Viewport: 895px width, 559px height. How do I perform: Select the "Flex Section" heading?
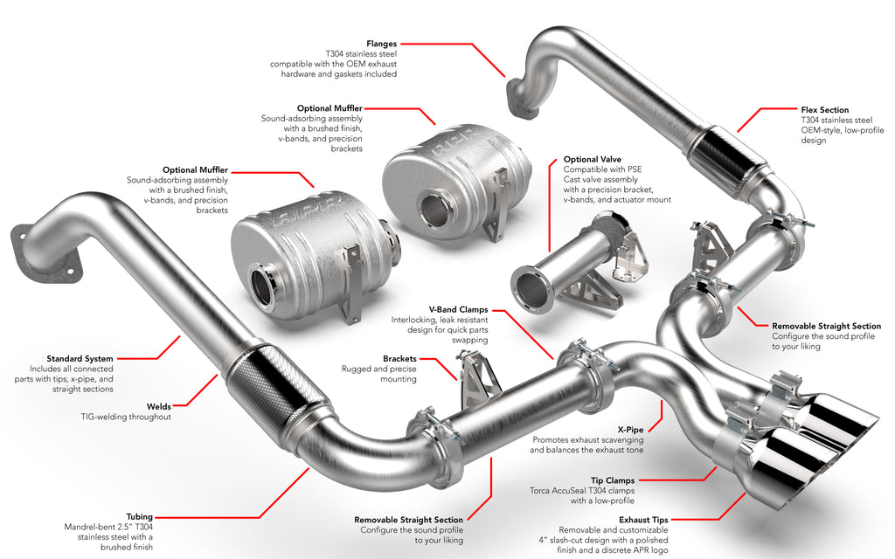pos(824,110)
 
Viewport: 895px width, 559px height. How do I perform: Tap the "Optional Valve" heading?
pos(593,159)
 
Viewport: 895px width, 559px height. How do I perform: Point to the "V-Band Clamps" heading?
pos(458,309)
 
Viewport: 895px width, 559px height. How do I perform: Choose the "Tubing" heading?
pos(139,516)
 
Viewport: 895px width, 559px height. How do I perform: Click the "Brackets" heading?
pos(399,358)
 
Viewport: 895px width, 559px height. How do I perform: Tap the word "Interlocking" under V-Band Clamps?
pos(417,320)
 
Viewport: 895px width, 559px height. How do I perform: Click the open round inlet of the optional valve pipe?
pos(530,289)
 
